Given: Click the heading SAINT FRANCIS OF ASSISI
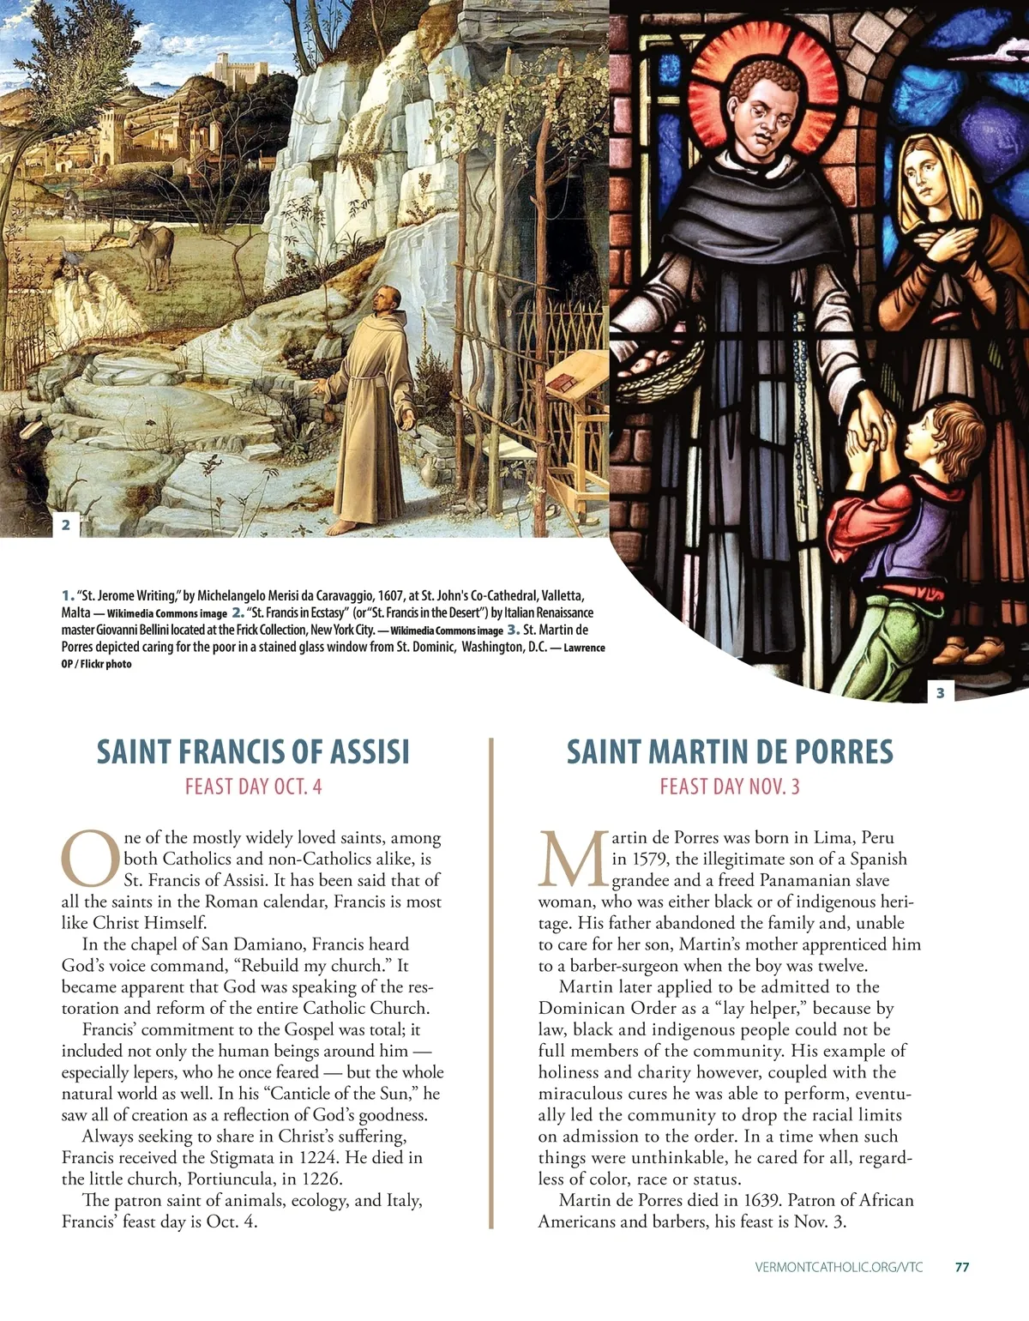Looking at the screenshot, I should [253, 751].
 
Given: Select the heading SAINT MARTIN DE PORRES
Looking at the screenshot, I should [730, 751].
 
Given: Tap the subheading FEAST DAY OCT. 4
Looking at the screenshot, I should [253, 787].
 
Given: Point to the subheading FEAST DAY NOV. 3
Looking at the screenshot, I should [730, 787].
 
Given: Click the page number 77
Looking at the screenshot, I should [962, 1267].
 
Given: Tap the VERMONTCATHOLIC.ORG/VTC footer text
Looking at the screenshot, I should [839, 1267].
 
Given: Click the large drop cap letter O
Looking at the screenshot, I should [89, 859].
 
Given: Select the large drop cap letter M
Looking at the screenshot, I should [573, 859].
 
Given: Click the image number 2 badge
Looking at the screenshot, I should [66, 524].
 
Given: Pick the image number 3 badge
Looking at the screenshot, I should [941, 692].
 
